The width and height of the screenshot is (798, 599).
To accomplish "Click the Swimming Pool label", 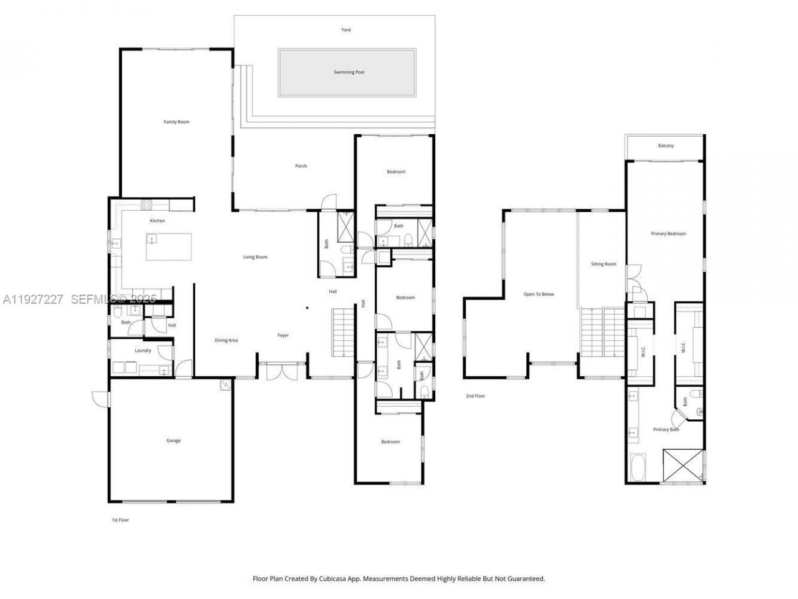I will point(349,72).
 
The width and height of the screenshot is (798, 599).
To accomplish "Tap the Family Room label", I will point(176,122).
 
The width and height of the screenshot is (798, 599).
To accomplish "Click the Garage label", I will point(173,441).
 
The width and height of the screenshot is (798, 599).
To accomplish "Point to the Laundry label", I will point(143,351).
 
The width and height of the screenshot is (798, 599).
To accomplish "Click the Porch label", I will point(301,166).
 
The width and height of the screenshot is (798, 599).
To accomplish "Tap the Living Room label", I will point(255,257).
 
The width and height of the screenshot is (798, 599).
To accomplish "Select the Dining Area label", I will point(226,340).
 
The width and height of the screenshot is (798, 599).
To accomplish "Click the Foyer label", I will point(283,336).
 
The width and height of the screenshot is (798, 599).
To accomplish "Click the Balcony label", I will point(666,146).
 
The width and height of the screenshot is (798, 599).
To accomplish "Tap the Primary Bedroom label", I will point(668,234).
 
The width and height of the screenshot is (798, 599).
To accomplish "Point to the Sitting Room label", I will point(603,265).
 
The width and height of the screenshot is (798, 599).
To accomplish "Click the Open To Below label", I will point(539,295).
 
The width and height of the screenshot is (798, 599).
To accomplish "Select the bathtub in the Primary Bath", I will point(638,468).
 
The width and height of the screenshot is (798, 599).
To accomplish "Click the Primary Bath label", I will point(666,429).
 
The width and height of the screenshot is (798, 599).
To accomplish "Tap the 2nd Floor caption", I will point(475,396).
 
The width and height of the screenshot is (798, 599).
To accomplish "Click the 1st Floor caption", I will point(120,520).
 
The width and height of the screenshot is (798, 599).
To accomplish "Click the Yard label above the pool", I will point(346,30).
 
